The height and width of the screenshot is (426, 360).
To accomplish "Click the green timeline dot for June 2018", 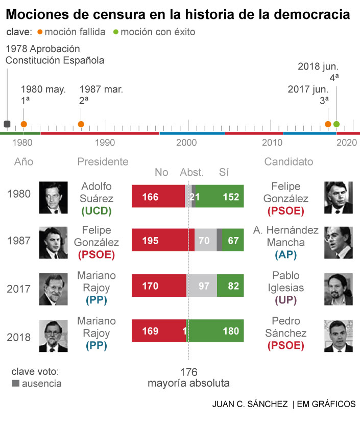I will pos(336,124).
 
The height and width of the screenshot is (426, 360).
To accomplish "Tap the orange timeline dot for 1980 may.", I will pos(23,124).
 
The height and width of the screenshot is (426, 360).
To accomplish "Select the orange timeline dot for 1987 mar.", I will pos(81,124).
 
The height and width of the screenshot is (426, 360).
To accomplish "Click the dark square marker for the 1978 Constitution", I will pos(7,124).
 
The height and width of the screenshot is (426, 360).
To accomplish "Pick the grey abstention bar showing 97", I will pos(202,286).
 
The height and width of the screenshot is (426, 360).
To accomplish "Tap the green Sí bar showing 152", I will pos(220,196).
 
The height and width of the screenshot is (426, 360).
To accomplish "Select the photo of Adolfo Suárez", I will pos(54,197).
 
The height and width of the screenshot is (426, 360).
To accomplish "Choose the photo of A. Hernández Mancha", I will pos(338,242).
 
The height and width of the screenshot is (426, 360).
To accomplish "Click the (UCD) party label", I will pos(97,210).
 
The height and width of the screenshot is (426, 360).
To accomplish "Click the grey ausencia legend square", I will pos(15,383).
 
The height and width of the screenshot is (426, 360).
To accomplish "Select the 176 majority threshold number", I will pos(188,372).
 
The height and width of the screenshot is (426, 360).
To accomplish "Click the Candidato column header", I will pos(289,162).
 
